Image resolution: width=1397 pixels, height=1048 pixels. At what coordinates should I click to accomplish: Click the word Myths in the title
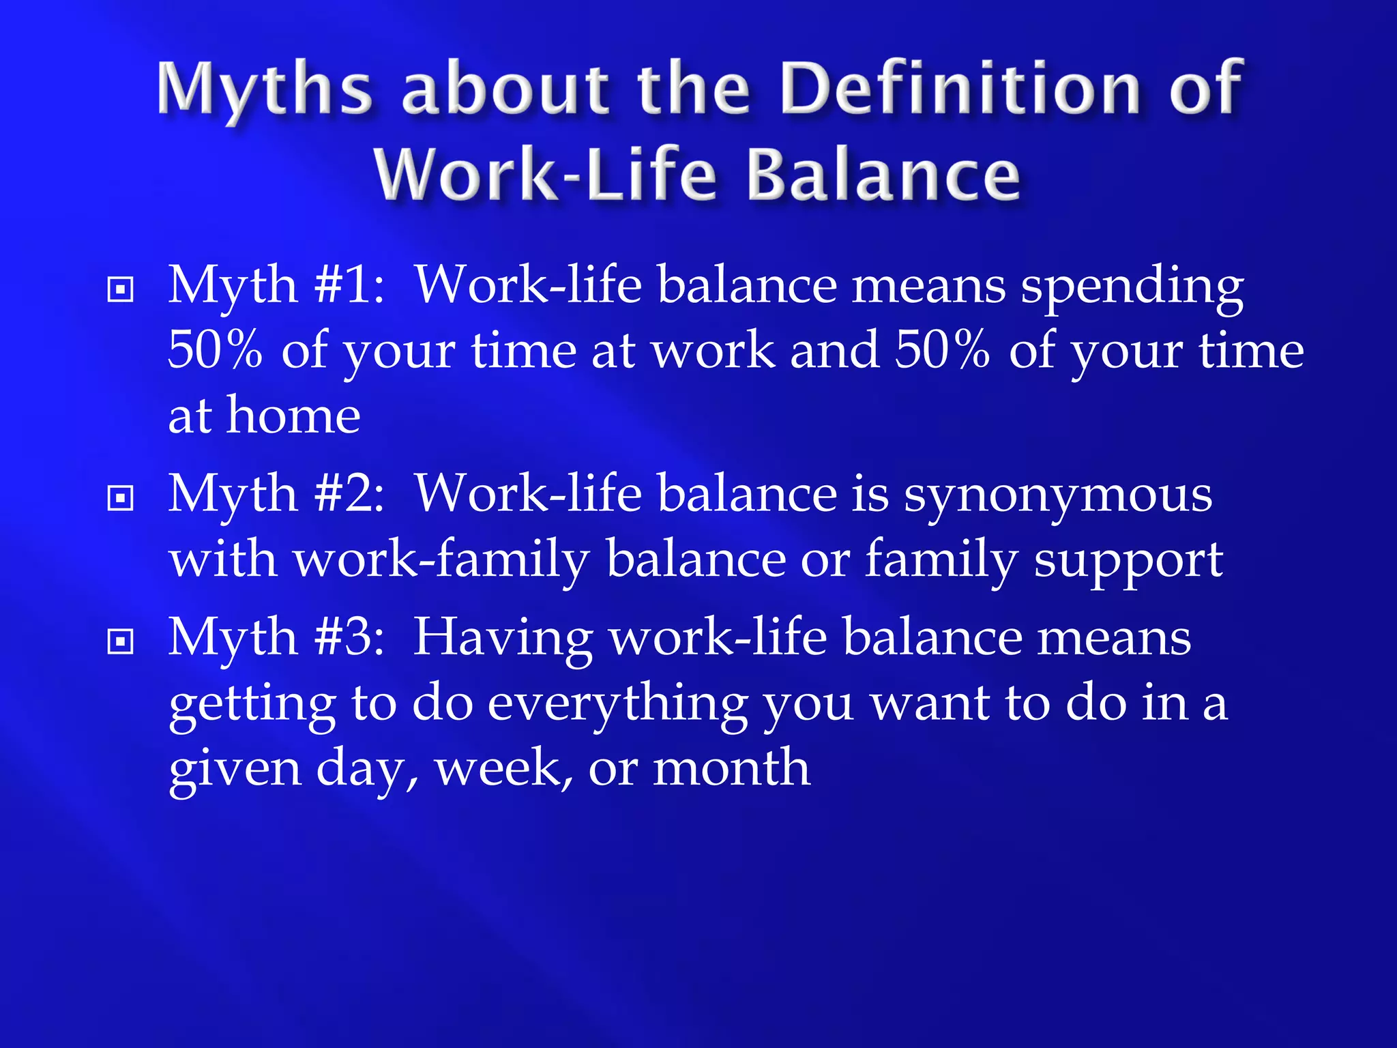click(x=265, y=89)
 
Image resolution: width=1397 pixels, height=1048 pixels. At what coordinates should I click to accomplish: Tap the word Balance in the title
click(x=883, y=175)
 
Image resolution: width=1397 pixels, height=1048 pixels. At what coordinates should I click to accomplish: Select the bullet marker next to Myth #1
click(x=121, y=289)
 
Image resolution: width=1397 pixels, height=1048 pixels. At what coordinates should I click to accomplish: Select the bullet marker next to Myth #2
click(x=121, y=497)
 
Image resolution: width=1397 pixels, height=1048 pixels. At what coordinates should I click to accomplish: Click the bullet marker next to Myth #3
click(x=121, y=641)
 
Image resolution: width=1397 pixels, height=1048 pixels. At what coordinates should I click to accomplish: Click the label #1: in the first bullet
click(x=349, y=285)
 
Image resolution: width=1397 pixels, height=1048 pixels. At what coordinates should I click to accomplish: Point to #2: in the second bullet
click(x=349, y=493)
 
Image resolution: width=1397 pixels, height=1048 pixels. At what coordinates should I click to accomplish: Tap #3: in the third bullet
click(x=349, y=637)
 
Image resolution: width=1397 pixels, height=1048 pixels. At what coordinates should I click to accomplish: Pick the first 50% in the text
click(x=215, y=350)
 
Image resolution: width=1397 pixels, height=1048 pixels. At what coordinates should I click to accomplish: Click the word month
click(x=731, y=768)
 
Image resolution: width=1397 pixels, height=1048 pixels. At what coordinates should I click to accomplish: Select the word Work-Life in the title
click(x=545, y=175)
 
